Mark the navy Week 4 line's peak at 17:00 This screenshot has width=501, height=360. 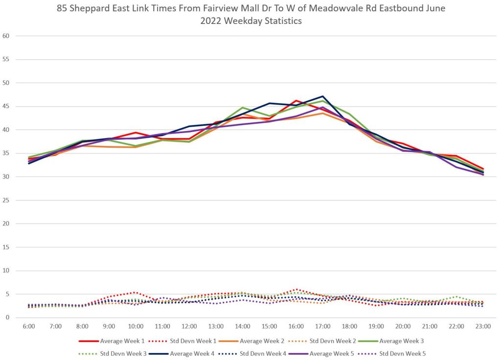[x=323, y=96]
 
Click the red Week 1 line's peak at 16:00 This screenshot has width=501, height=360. [x=296, y=101]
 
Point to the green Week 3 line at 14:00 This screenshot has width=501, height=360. [x=243, y=108]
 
